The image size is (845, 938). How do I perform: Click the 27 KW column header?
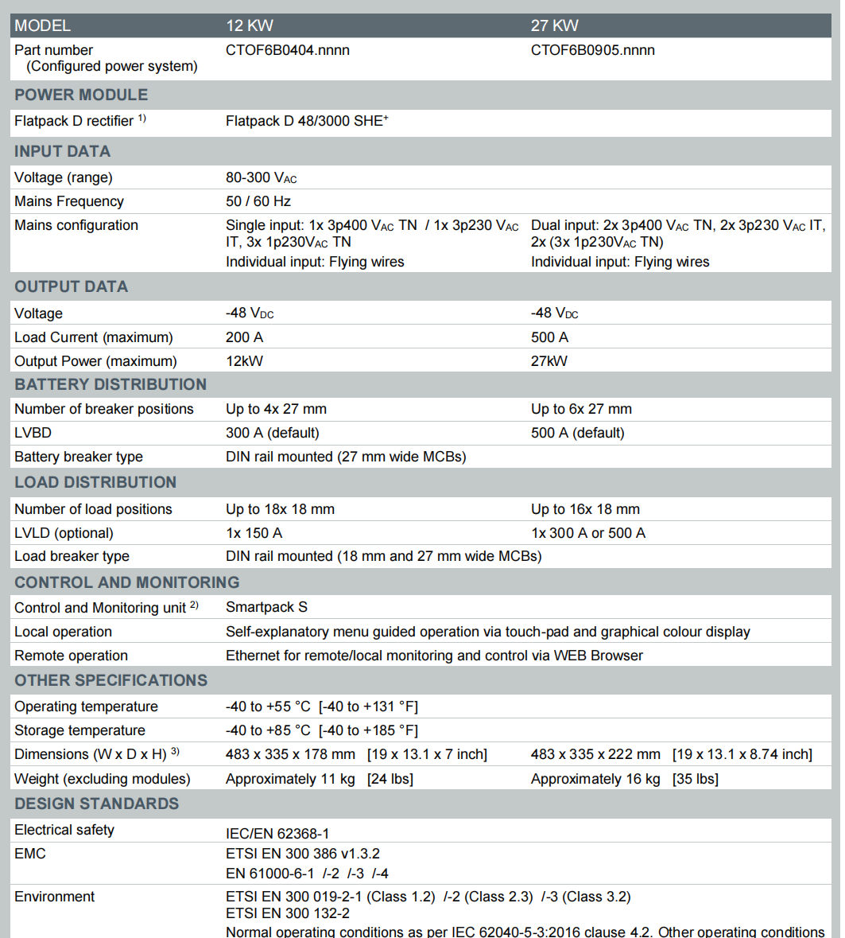(554, 25)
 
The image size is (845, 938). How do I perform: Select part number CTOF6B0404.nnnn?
(288, 50)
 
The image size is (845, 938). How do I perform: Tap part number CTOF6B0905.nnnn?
(593, 50)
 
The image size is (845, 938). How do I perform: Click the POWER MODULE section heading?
(81, 95)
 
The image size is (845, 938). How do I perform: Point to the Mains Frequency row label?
(69, 201)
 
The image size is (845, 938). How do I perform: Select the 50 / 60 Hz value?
(258, 201)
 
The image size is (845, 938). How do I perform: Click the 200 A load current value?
(244, 337)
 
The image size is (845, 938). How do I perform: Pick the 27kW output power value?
(549, 361)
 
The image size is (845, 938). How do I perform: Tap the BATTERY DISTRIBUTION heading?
(110, 384)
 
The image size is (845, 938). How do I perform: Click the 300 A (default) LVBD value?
(273, 433)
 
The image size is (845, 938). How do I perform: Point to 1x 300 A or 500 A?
(588, 533)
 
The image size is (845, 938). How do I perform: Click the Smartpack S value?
(266, 607)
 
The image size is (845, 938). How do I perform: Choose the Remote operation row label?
(71, 656)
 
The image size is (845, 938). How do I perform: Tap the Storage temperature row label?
(79, 730)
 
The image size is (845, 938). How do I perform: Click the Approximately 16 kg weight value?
(595, 779)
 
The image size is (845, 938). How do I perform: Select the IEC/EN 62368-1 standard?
(277, 834)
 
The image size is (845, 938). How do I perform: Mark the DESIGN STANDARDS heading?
(96, 804)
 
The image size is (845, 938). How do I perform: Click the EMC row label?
(30, 854)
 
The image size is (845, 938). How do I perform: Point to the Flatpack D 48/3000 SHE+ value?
(307, 121)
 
